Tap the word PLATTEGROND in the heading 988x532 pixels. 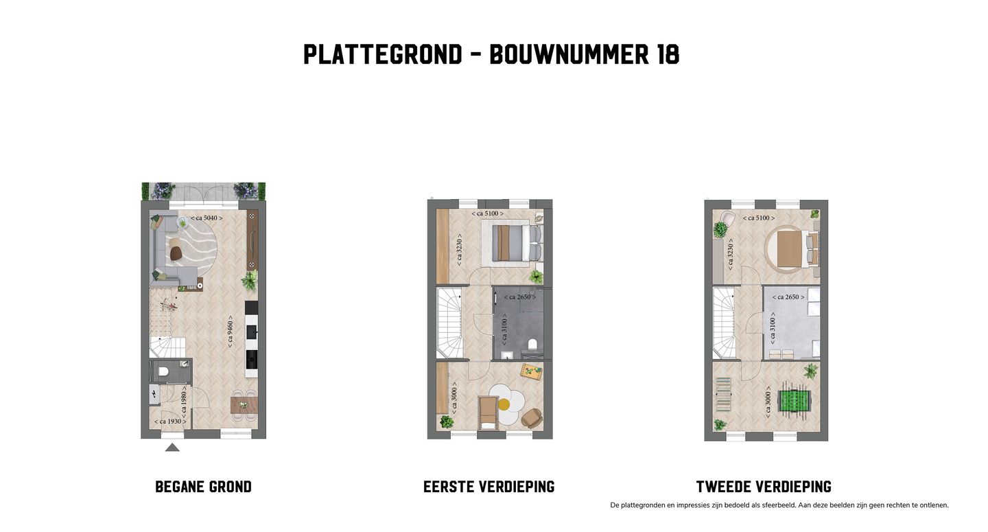(x=383, y=54)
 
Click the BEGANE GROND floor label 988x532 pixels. (x=203, y=487)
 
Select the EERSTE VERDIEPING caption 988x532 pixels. (x=489, y=487)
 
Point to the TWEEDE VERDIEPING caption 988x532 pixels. (x=764, y=487)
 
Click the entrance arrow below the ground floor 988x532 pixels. (x=172, y=448)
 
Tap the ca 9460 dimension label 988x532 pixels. (x=231, y=332)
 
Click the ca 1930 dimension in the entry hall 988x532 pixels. (x=168, y=421)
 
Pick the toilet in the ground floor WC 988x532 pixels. (x=163, y=372)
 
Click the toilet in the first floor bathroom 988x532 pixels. (x=531, y=345)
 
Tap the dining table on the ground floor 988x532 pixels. (x=244, y=405)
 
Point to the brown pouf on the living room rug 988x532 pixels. (x=176, y=253)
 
